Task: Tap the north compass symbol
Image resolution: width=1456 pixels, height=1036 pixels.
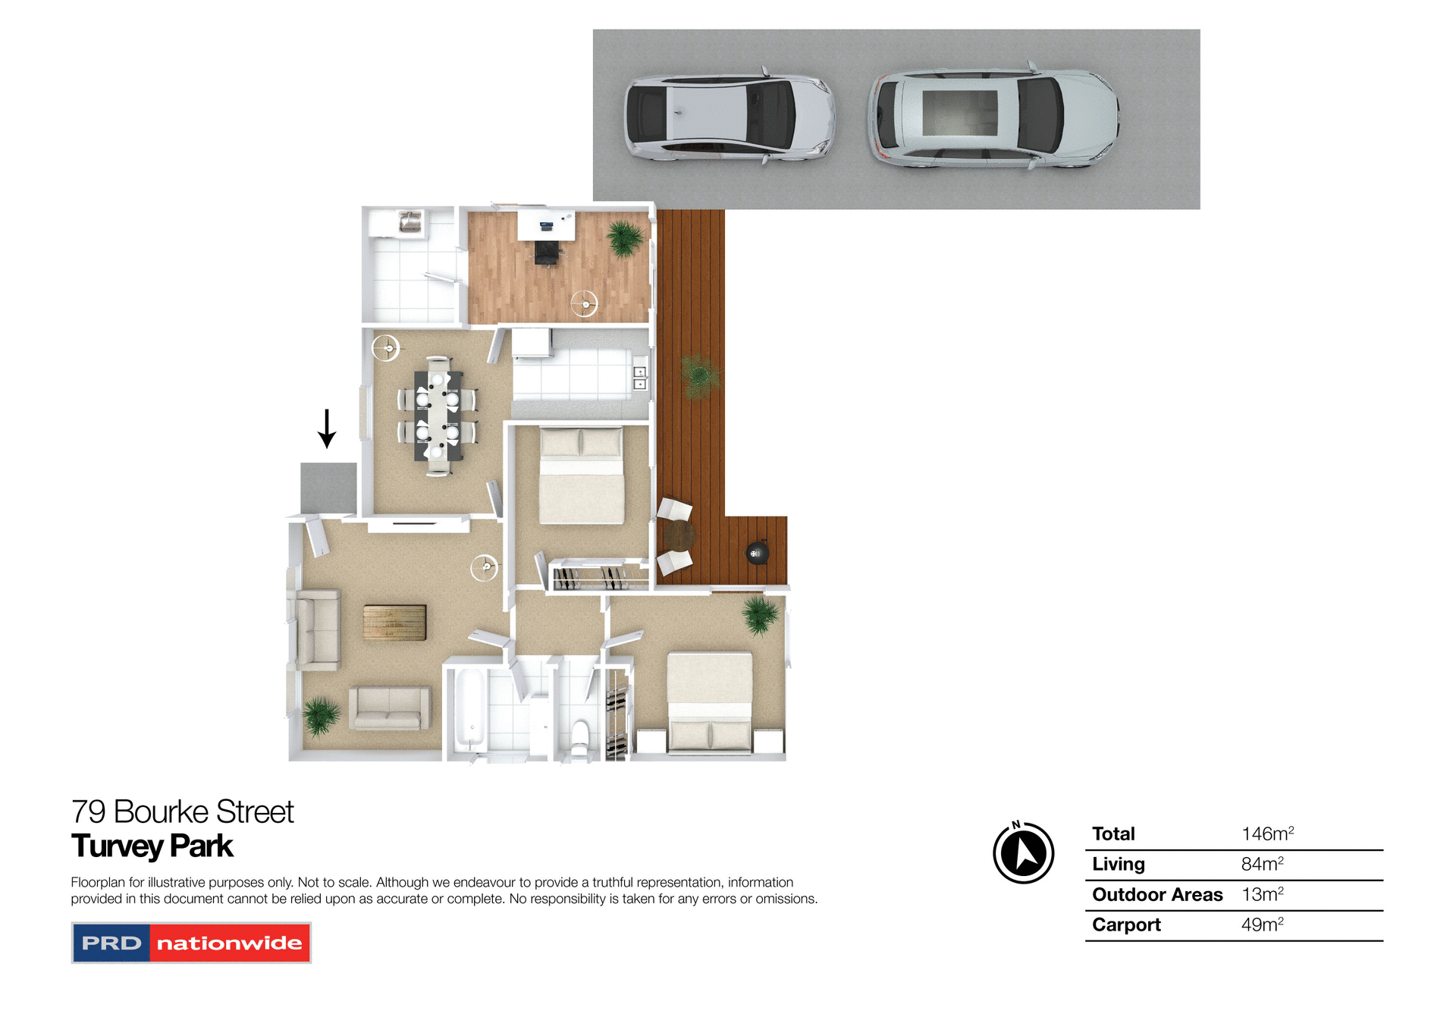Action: pos(1023,853)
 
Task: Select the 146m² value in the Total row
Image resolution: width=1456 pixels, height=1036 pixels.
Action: pos(1266,834)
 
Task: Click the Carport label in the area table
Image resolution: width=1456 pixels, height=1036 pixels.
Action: pos(1126,925)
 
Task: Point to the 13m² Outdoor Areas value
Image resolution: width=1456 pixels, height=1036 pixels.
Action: pos(1262,895)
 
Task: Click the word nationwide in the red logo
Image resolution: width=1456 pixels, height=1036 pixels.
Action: pos(229,943)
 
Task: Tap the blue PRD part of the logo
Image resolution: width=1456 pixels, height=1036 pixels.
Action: pos(111,943)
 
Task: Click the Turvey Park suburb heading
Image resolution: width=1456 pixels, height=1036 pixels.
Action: pos(152,846)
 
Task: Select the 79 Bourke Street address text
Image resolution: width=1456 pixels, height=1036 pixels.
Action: pos(182,812)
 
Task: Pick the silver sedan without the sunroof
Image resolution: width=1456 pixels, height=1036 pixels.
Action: pos(729,118)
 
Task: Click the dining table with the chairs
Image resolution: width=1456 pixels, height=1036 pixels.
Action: pos(437,416)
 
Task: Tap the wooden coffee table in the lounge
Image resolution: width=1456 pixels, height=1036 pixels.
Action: pos(394,623)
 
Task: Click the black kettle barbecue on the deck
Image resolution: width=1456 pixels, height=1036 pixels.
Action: pos(757,554)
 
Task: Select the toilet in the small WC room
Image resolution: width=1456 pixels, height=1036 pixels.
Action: pos(580,737)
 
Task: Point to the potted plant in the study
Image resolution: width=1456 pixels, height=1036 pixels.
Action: pos(625,237)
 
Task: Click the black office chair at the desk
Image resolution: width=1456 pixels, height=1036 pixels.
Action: pos(548,252)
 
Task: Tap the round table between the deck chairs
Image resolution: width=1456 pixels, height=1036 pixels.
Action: pos(679,536)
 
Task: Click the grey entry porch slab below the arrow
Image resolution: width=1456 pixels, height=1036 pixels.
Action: pos(328,488)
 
